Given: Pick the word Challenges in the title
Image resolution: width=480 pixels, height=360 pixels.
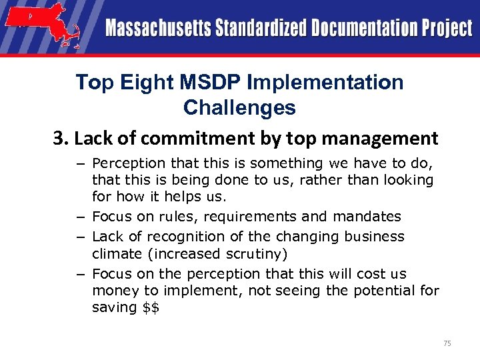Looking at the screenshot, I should [239, 107].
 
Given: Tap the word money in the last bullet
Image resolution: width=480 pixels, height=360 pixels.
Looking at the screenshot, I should [111, 291].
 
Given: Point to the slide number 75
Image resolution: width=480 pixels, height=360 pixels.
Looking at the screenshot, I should [447, 343].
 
